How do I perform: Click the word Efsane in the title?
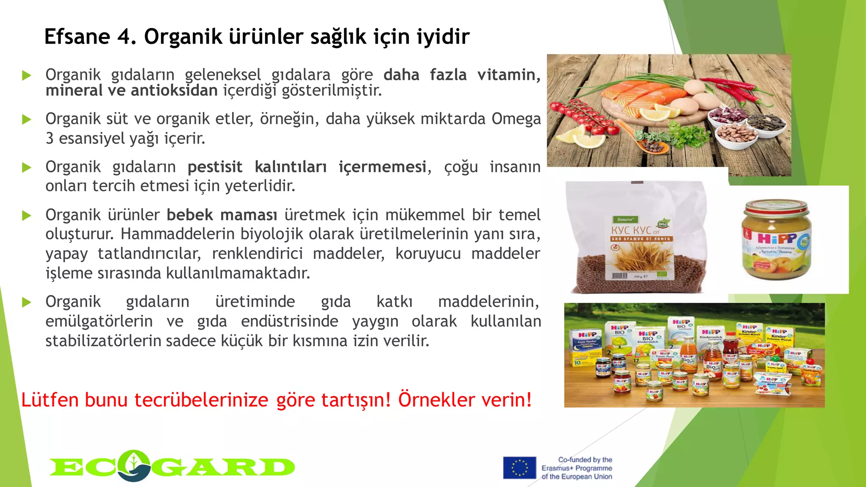coord(77,36)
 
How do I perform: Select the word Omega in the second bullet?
coord(516,119)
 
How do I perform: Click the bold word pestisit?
coord(215,167)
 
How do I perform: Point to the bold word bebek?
coord(190,215)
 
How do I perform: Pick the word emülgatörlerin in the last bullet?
coord(99,321)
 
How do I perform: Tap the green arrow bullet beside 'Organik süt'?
coord(27,120)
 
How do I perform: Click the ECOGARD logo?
coord(172,466)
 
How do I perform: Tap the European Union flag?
coord(519,468)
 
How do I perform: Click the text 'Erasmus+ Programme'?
coord(577,468)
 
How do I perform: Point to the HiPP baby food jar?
coord(776,241)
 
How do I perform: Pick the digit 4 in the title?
coord(124,36)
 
